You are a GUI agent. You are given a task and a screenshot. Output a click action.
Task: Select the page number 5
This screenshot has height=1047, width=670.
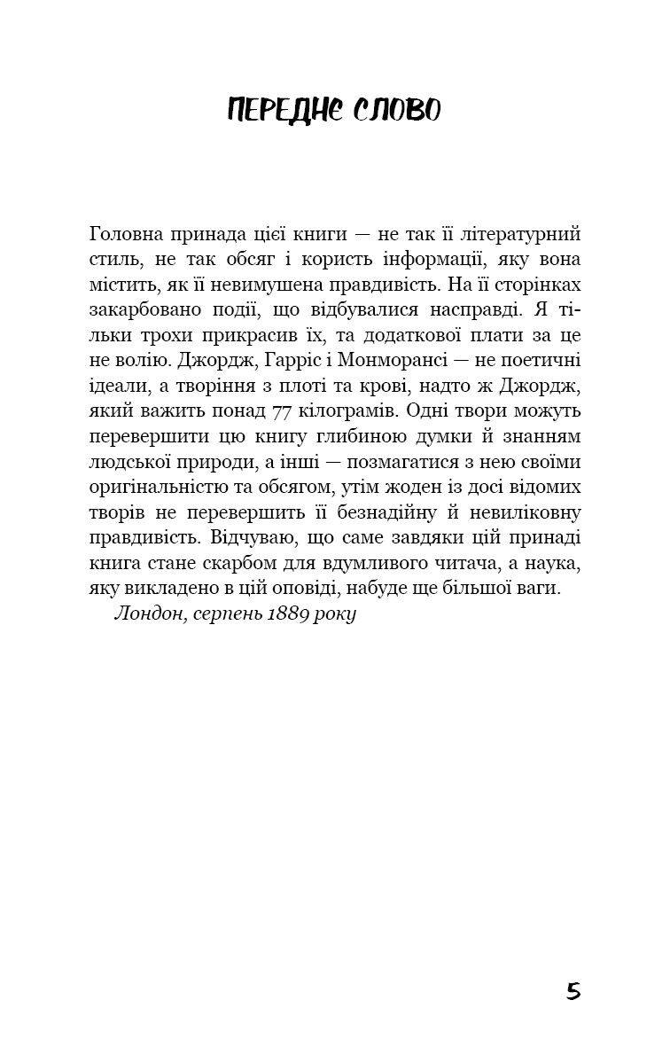573,991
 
